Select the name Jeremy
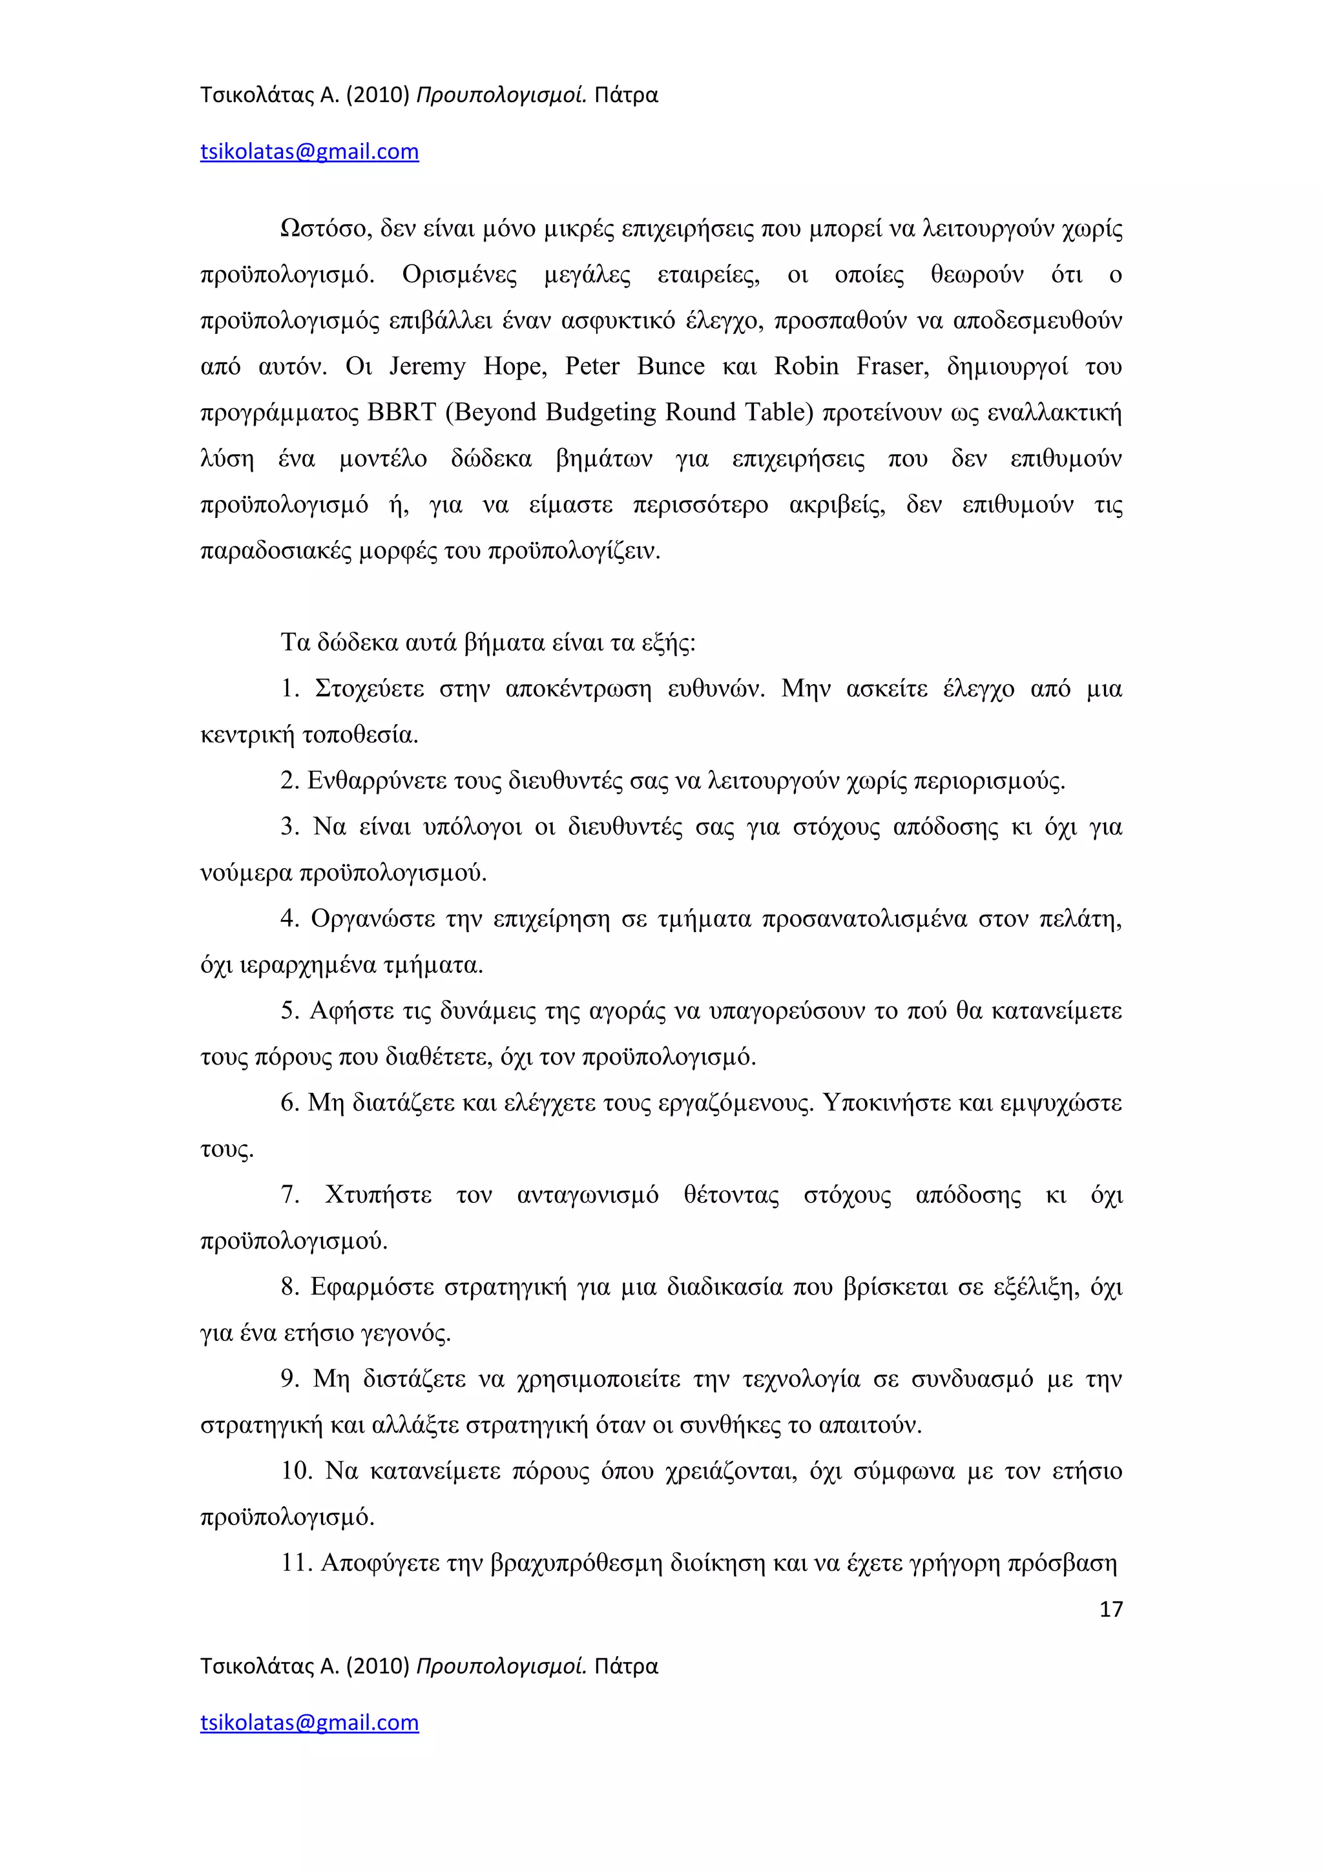coord(426,366)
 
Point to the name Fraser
coord(891,366)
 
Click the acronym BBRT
coord(402,413)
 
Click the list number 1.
coord(289,690)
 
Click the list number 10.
coord(296,1472)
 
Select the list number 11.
coord(295,1564)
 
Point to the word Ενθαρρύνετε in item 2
coord(377,782)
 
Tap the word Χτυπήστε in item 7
coord(379,1195)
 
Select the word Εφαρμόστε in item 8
coord(373,1287)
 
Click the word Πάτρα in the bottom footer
coord(625,1666)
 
